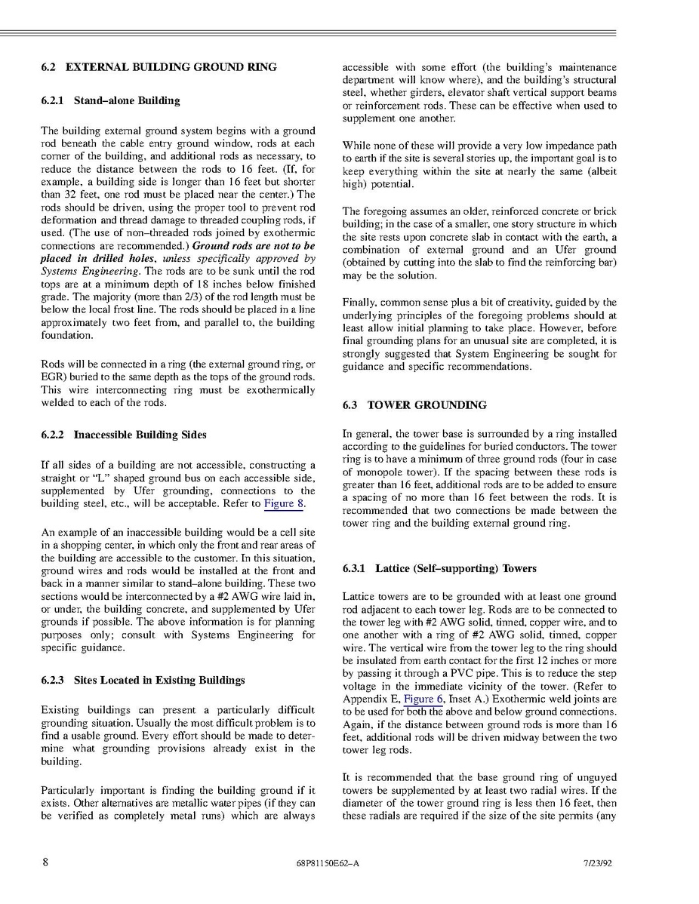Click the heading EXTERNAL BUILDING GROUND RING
171,67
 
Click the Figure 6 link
423,700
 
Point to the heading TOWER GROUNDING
426,405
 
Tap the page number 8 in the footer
45,863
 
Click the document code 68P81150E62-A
328,864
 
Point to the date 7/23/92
597,864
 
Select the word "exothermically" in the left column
279,390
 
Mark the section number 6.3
349,405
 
